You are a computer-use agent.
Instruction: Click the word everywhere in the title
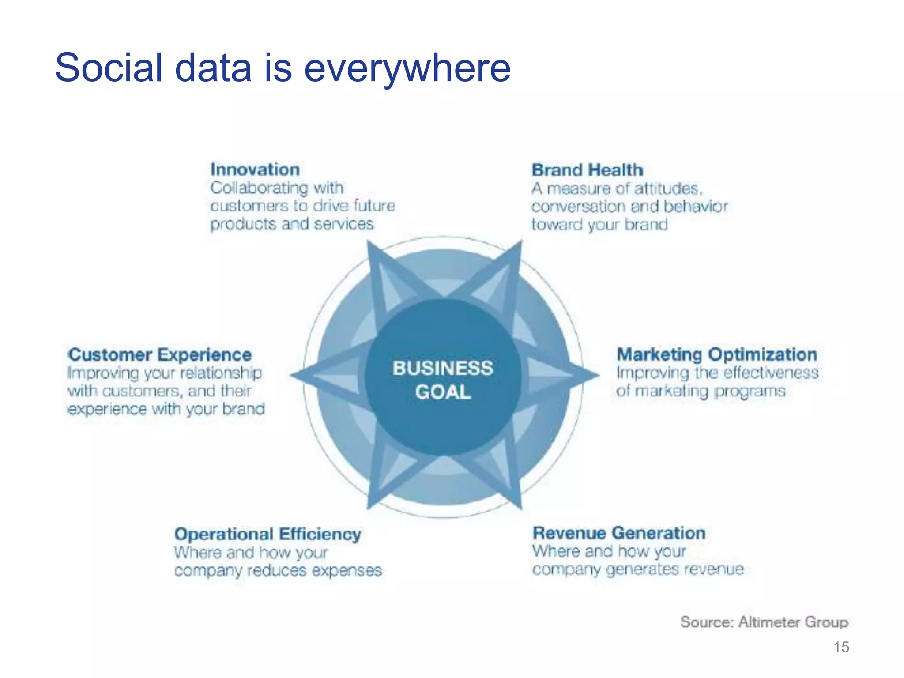pos(407,68)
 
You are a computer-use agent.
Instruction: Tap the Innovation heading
pos(255,169)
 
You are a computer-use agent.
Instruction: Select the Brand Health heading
pos(587,170)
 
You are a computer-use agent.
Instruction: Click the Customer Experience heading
pos(160,355)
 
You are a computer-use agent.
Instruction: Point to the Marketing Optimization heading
pos(716,354)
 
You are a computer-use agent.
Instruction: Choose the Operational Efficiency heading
pos(267,534)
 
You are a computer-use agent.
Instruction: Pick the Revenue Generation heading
pos(618,533)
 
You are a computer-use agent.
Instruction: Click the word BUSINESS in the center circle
pos(443,368)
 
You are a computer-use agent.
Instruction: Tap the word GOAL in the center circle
pos(443,392)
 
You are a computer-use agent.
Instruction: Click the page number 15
pos(841,647)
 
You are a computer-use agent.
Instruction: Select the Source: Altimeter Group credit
pos(764,622)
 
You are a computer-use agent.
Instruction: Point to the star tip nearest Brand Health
pos(520,244)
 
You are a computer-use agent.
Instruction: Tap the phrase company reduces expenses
pos(278,571)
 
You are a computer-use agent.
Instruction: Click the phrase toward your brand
pos(599,225)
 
